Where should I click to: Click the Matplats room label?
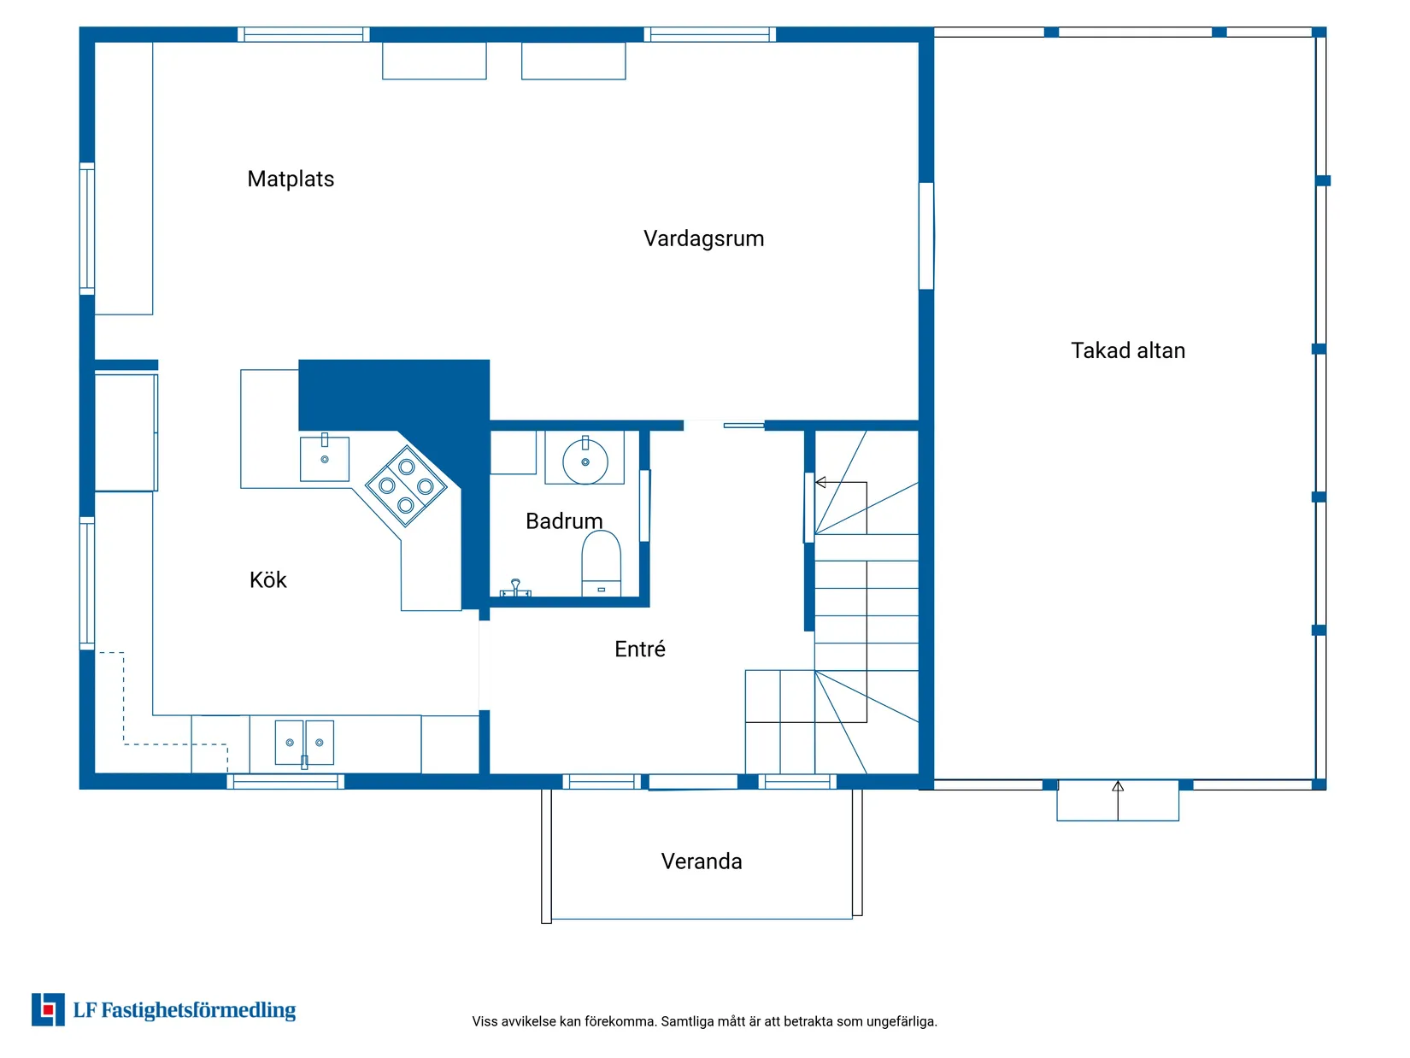pos(291,179)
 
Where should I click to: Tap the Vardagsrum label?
pos(703,238)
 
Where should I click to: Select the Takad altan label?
pos(1127,350)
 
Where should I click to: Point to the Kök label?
pos(267,579)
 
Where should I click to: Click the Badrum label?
pos(564,520)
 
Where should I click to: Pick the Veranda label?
pos(702,861)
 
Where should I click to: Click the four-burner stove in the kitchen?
pos(406,486)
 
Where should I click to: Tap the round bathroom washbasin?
pos(585,461)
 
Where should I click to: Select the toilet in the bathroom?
pos(601,563)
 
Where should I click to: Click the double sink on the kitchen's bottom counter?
pos(304,743)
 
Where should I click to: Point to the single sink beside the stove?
pos(325,458)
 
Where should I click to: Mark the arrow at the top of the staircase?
pos(841,483)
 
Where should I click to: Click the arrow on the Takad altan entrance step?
pos(1117,800)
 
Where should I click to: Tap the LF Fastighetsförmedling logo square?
pos(48,1009)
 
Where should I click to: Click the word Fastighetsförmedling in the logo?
pos(198,1010)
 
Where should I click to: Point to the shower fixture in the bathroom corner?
pos(515,587)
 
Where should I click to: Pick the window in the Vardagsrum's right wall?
pos(925,236)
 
